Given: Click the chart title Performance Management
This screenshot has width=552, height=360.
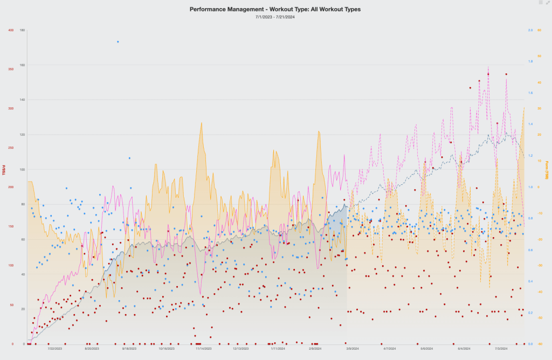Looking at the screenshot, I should [x=275, y=9].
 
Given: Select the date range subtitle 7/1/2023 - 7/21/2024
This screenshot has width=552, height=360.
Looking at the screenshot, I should [x=275, y=17].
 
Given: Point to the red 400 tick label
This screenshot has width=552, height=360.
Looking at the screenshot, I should [x=11, y=30].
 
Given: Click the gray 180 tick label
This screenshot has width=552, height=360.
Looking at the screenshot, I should [x=22, y=30].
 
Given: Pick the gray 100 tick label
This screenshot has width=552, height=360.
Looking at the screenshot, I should [x=22, y=169].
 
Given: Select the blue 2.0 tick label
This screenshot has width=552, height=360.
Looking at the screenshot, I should [x=531, y=30].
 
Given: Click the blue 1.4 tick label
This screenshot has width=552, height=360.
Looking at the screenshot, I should [x=531, y=124].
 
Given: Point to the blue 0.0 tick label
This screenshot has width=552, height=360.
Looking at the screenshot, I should [x=531, y=344].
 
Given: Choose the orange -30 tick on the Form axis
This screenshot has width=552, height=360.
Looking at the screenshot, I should [x=540, y=265].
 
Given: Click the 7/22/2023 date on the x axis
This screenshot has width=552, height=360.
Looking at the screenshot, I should [x=55, y=349].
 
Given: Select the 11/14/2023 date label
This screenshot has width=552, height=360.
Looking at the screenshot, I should [x=204, y=349].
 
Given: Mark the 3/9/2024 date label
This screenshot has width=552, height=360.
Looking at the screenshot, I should [x=353, y=349].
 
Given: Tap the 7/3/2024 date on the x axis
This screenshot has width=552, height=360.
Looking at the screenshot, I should [x=501, y=349].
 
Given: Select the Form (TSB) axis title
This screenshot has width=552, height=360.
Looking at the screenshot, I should [x=547, y=170].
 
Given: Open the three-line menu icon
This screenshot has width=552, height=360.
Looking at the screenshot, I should [x=541, y=3].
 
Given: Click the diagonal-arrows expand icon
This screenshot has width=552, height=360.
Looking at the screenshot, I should [x=548, y=3].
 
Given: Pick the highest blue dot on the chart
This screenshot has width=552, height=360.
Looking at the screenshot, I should [x=118, y=41].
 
